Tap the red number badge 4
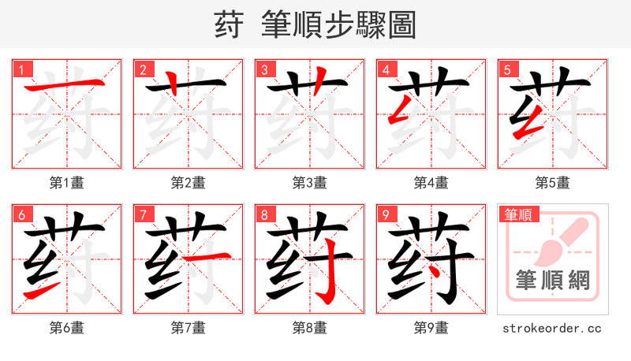click(x=386, y=70)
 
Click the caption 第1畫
click(x=67, y=183)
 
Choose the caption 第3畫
click(x=310, y=183)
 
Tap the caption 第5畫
click(x=553, y=183)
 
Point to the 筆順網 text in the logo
click(x=552, y=281)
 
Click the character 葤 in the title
click(x=228, y=24)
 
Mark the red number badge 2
click(x=143, y=70)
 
